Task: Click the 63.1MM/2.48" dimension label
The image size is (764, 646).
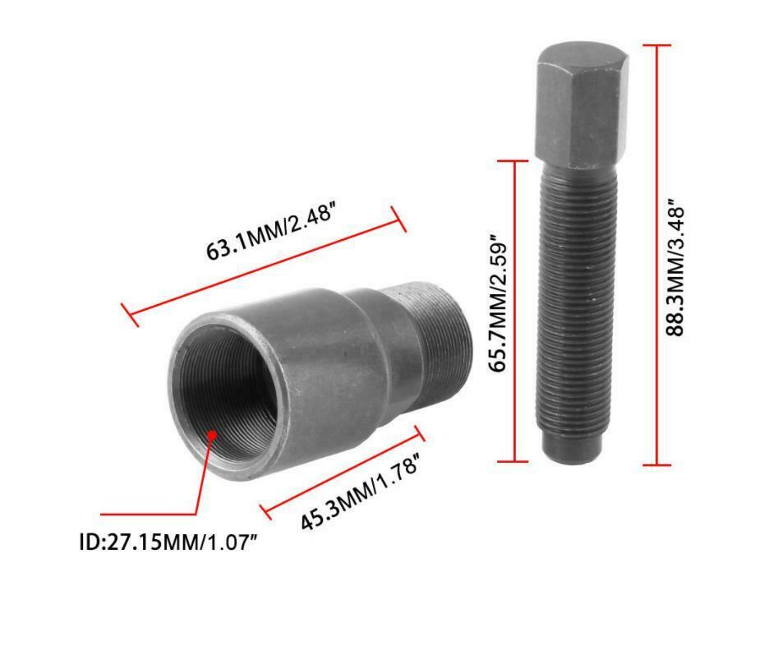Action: [271, 233]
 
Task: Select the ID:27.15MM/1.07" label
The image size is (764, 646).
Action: [168, 542]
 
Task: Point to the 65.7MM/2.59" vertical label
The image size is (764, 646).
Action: [498, 304]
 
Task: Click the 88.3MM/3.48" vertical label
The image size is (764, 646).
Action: [676, 267]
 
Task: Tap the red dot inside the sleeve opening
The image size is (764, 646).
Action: [212, 434]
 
